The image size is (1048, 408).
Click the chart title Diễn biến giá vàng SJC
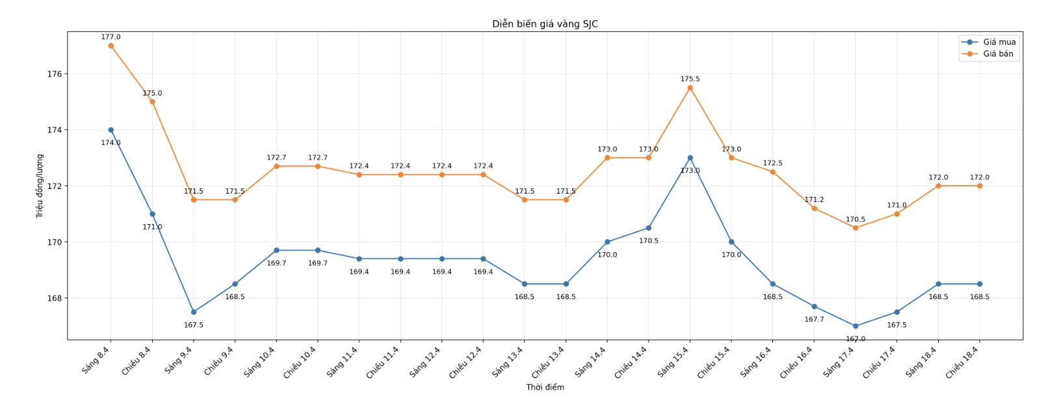click(545, 24)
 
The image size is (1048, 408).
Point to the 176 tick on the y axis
click(55, 74)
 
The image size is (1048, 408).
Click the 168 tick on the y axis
click(55, 298)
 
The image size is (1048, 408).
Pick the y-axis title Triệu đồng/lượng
click(40, 186)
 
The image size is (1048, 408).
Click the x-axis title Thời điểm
click(545, 387)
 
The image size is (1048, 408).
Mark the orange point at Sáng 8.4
click(111, 45)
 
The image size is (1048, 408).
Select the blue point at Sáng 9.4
click(194, 312)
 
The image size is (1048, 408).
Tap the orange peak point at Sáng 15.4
click(690, 88)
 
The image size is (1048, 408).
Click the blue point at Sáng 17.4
click(856, 326)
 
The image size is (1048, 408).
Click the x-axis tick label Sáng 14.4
click(591, 361)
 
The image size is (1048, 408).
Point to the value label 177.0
click(111, 37)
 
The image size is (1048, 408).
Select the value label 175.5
click(690, 79)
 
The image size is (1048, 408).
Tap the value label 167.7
click(814, 320)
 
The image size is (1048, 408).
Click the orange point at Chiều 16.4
click(814, 209)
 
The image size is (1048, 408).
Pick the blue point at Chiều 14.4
click(649, 228)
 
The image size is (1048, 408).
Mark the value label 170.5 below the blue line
click(649, 241)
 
